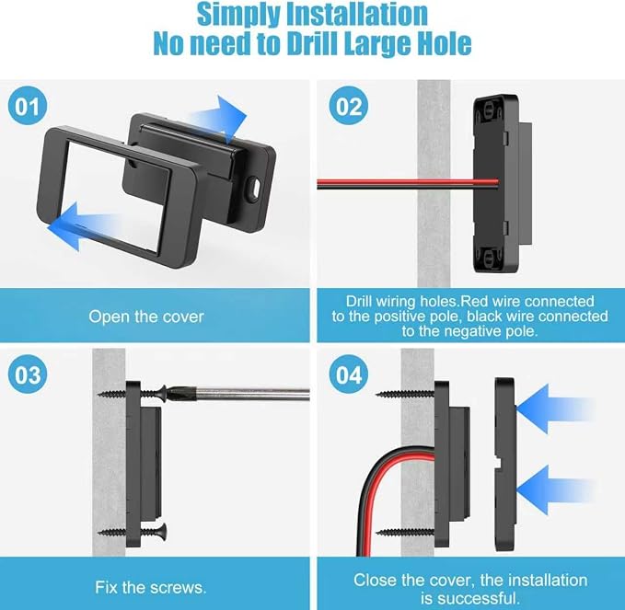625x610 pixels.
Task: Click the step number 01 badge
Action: (28, 106)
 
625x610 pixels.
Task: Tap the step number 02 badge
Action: (348, 106)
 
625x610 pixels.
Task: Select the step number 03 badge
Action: (28, 374)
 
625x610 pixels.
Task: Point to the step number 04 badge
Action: (348, 374)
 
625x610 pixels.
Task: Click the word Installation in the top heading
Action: (357, 15)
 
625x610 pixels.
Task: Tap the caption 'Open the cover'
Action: (145, 317)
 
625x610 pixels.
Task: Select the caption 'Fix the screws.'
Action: (151, 587)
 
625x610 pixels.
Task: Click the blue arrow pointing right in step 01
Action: (220, 118)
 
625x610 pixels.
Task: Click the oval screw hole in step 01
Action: (253, 188)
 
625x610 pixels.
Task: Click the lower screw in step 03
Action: (133, 532)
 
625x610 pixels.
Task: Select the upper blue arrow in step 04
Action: (555, 409)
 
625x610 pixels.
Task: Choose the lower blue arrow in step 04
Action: (555, 490)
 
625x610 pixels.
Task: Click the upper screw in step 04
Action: (405, 394)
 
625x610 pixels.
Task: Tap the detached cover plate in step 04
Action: (505, 465)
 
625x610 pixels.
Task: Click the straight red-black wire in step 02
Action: (408, 184)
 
